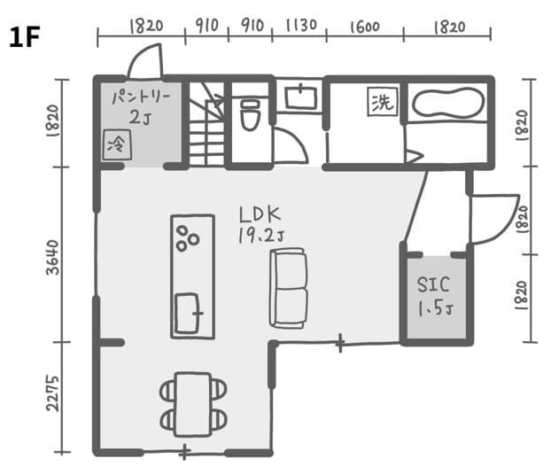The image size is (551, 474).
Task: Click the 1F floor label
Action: click(24, 37)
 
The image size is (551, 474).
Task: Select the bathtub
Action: click(447, 103)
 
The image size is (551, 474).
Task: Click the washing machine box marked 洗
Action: click(383, 102)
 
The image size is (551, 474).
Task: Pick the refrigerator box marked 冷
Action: click(117, 144)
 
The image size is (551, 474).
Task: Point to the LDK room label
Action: click(260, 214)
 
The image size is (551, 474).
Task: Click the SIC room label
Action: click(433, 284)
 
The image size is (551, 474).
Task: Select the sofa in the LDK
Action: click(289, 289)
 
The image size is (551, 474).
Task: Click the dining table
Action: click(193, 404)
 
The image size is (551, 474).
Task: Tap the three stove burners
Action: click(187, 238)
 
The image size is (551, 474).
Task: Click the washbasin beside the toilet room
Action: click(300, 97)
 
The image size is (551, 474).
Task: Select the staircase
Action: click(206, 124)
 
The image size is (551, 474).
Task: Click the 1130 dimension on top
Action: click(301, 26)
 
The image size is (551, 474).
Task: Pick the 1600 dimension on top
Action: click(365, 27)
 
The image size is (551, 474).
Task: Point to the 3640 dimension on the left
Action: click(53, 258)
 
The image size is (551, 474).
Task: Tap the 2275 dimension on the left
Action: click(53, 393)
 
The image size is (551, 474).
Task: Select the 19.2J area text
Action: click(260, 236)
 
